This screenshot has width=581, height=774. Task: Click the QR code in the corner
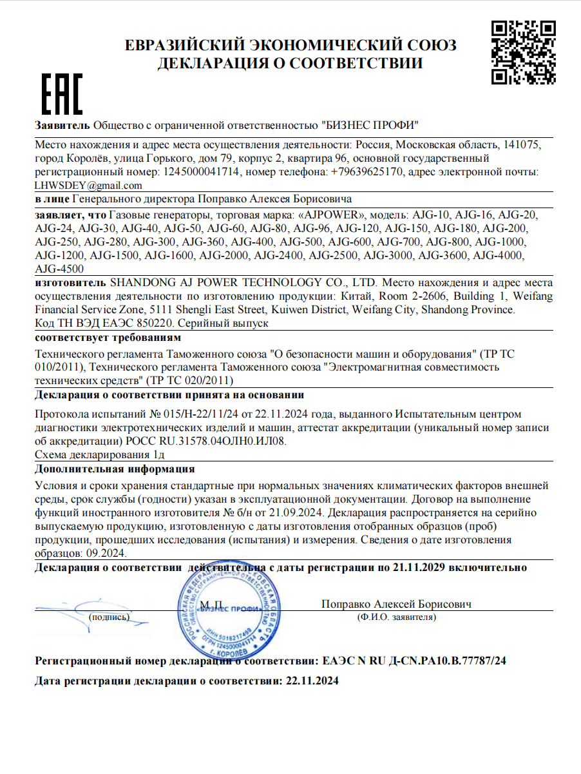pos(523,52)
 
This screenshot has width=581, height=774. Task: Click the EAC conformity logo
pos(62,95)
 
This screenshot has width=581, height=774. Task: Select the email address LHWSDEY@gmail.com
pos(88,186)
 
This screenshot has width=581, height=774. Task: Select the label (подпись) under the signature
pos(109,617)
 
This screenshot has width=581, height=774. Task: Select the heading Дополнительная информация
pos(115,469)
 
